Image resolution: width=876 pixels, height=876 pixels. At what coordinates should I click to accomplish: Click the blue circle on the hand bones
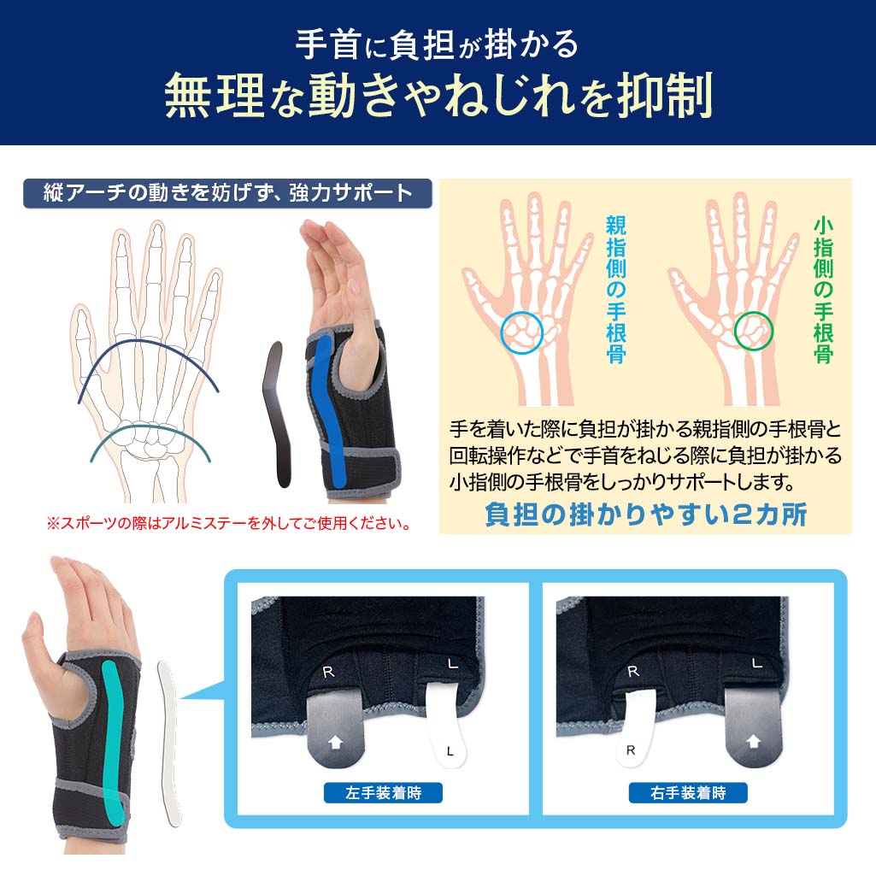(522, 332)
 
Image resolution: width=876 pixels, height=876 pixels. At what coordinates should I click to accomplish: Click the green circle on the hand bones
(753, 330)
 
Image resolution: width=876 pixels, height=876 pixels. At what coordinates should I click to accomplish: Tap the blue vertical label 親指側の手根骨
(615, 290)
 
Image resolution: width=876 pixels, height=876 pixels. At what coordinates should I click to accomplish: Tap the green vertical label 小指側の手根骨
(822, 290)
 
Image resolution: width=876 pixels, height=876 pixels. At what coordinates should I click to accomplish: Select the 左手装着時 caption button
(384, 792)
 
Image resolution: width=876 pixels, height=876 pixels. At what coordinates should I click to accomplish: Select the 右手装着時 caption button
(688, 792)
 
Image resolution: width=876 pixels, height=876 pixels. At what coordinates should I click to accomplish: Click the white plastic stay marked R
(634, 726)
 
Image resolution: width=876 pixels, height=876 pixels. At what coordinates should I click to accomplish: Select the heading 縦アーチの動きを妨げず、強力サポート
(227, 193)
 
